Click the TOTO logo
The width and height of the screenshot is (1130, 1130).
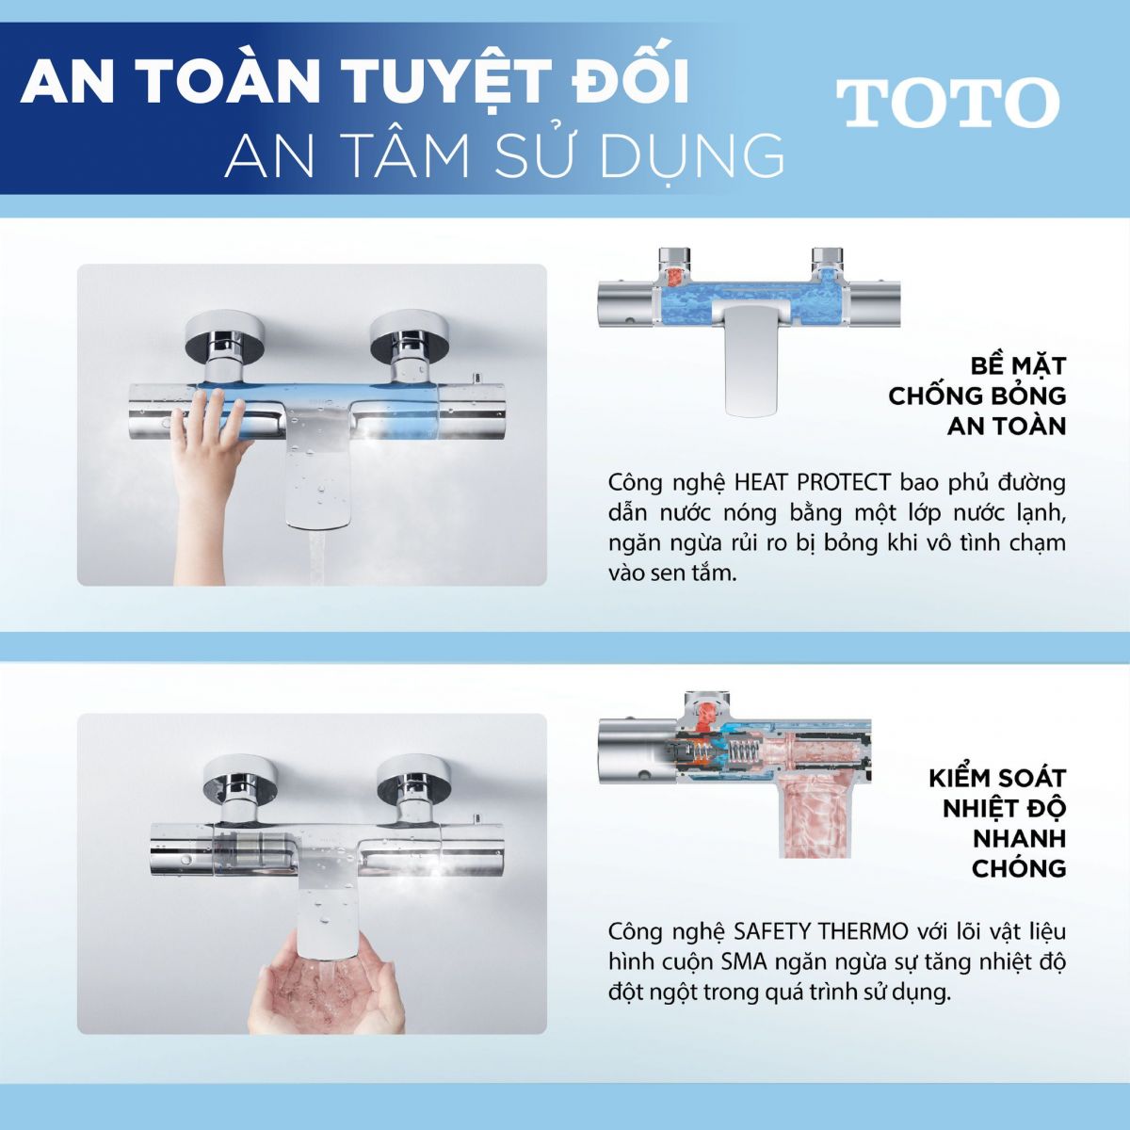[x=948, y=103]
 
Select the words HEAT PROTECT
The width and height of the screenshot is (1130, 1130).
[x=812, y=483]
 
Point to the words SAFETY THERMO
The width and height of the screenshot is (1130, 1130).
[x=821, y=931]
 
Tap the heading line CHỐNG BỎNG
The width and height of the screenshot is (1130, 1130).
[x=977, y=395]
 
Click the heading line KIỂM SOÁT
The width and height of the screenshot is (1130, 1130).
[x=997, y=778]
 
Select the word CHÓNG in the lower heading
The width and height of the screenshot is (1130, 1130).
[x=1019, y=868]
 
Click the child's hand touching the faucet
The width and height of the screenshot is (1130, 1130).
[x=211, y=469]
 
